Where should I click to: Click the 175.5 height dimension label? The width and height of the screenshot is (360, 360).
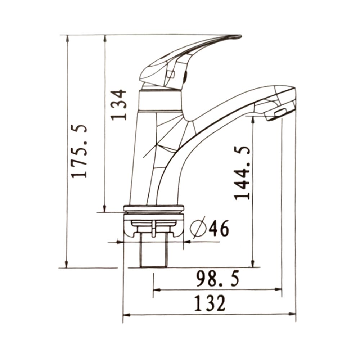point(79,151)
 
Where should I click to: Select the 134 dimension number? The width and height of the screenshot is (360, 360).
point(118,105)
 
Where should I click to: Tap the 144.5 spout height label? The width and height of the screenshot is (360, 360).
point(242,173)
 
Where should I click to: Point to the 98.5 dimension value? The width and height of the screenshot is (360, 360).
point(217,279)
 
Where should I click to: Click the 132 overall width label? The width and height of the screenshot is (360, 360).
point(210,303)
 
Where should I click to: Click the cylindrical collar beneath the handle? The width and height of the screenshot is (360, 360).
point(159,101)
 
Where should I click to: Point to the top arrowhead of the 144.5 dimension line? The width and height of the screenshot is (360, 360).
point(253,119)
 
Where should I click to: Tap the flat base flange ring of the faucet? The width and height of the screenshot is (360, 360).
point(154,208)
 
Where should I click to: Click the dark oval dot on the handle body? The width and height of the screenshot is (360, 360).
point(186,76)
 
